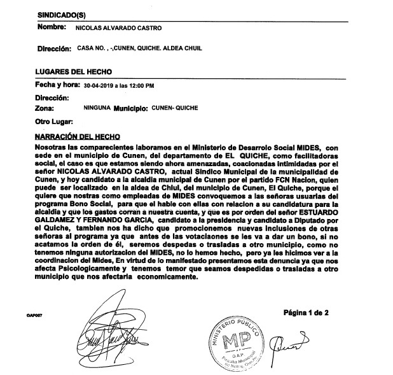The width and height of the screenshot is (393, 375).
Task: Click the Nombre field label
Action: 52,28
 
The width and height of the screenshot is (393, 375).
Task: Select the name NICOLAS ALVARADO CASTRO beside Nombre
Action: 118,29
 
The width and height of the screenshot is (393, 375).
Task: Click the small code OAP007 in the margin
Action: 17,315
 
